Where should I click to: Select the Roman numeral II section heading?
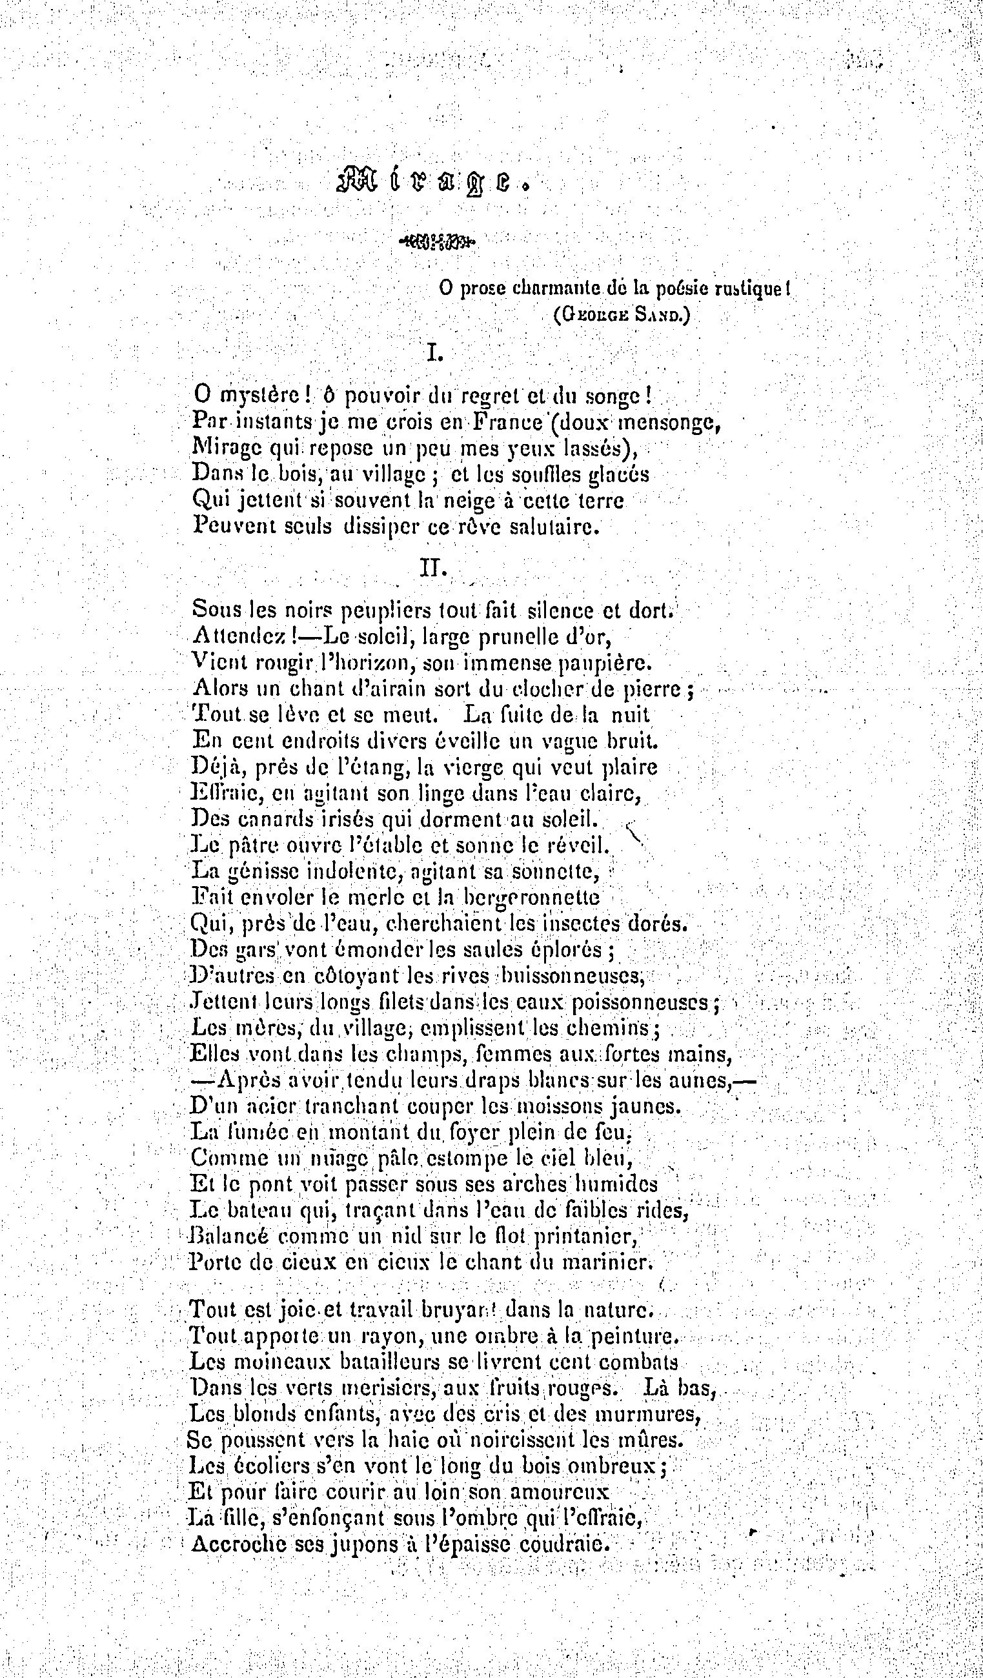pyautogui.click(x=434, y=567)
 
